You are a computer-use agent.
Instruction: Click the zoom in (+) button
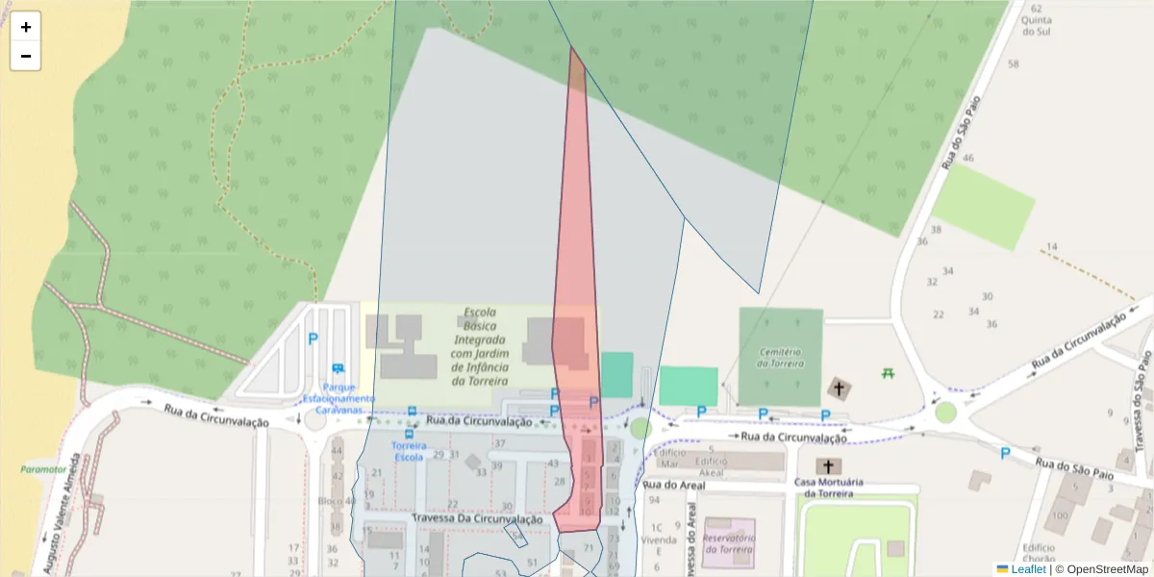pyautogui.click(x=26, y=27)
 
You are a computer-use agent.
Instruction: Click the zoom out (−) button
pyautogui.click(x=26, y=56)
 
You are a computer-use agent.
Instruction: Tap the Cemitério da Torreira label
pyautogui.click(x=779, y=357)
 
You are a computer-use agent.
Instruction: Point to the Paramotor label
pyautogui.click(x=43, y=469)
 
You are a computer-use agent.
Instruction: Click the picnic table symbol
pyautogui.click(x=888, y=372)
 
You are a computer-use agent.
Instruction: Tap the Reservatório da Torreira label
pyautogui.click(x=728, y=543)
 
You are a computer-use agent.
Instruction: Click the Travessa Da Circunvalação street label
pyautogui.click(x=477, y=518)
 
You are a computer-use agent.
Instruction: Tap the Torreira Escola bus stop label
pyautogui.click(x=409, y=452)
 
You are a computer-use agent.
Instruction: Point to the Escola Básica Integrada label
pyautogui.click(x=479, y=346)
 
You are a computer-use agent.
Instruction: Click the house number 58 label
pyautogui.click(x=1013, y=64)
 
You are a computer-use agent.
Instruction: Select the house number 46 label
pyautogui.click(x=967, y=158)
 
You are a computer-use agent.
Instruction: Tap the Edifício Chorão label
pyautogui.click(x=1039, y=553)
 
